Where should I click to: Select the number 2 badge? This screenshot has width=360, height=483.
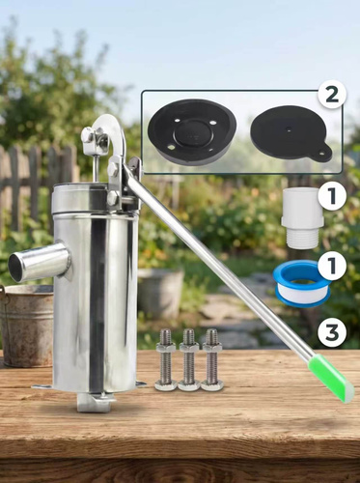point(332,95)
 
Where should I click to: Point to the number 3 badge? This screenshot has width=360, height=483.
point(332,333)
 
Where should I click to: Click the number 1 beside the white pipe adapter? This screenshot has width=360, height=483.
point(332,196)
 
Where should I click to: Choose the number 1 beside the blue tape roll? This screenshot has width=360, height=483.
point(332,266)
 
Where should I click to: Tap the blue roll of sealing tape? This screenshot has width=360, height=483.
point(301,283)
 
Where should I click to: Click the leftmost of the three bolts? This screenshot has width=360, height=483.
point(165,360)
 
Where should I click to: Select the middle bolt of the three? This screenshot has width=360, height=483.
point(189,360)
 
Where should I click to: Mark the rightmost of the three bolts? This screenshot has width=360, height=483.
point(212,360)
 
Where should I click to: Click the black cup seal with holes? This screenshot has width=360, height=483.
point(192,132)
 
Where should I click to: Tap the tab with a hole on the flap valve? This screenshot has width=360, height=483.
point(320,154)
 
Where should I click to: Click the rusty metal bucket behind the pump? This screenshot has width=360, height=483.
point(27,326)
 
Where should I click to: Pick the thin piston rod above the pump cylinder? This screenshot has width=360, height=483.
point(97,170)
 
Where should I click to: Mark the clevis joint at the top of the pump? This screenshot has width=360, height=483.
point(94,141)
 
